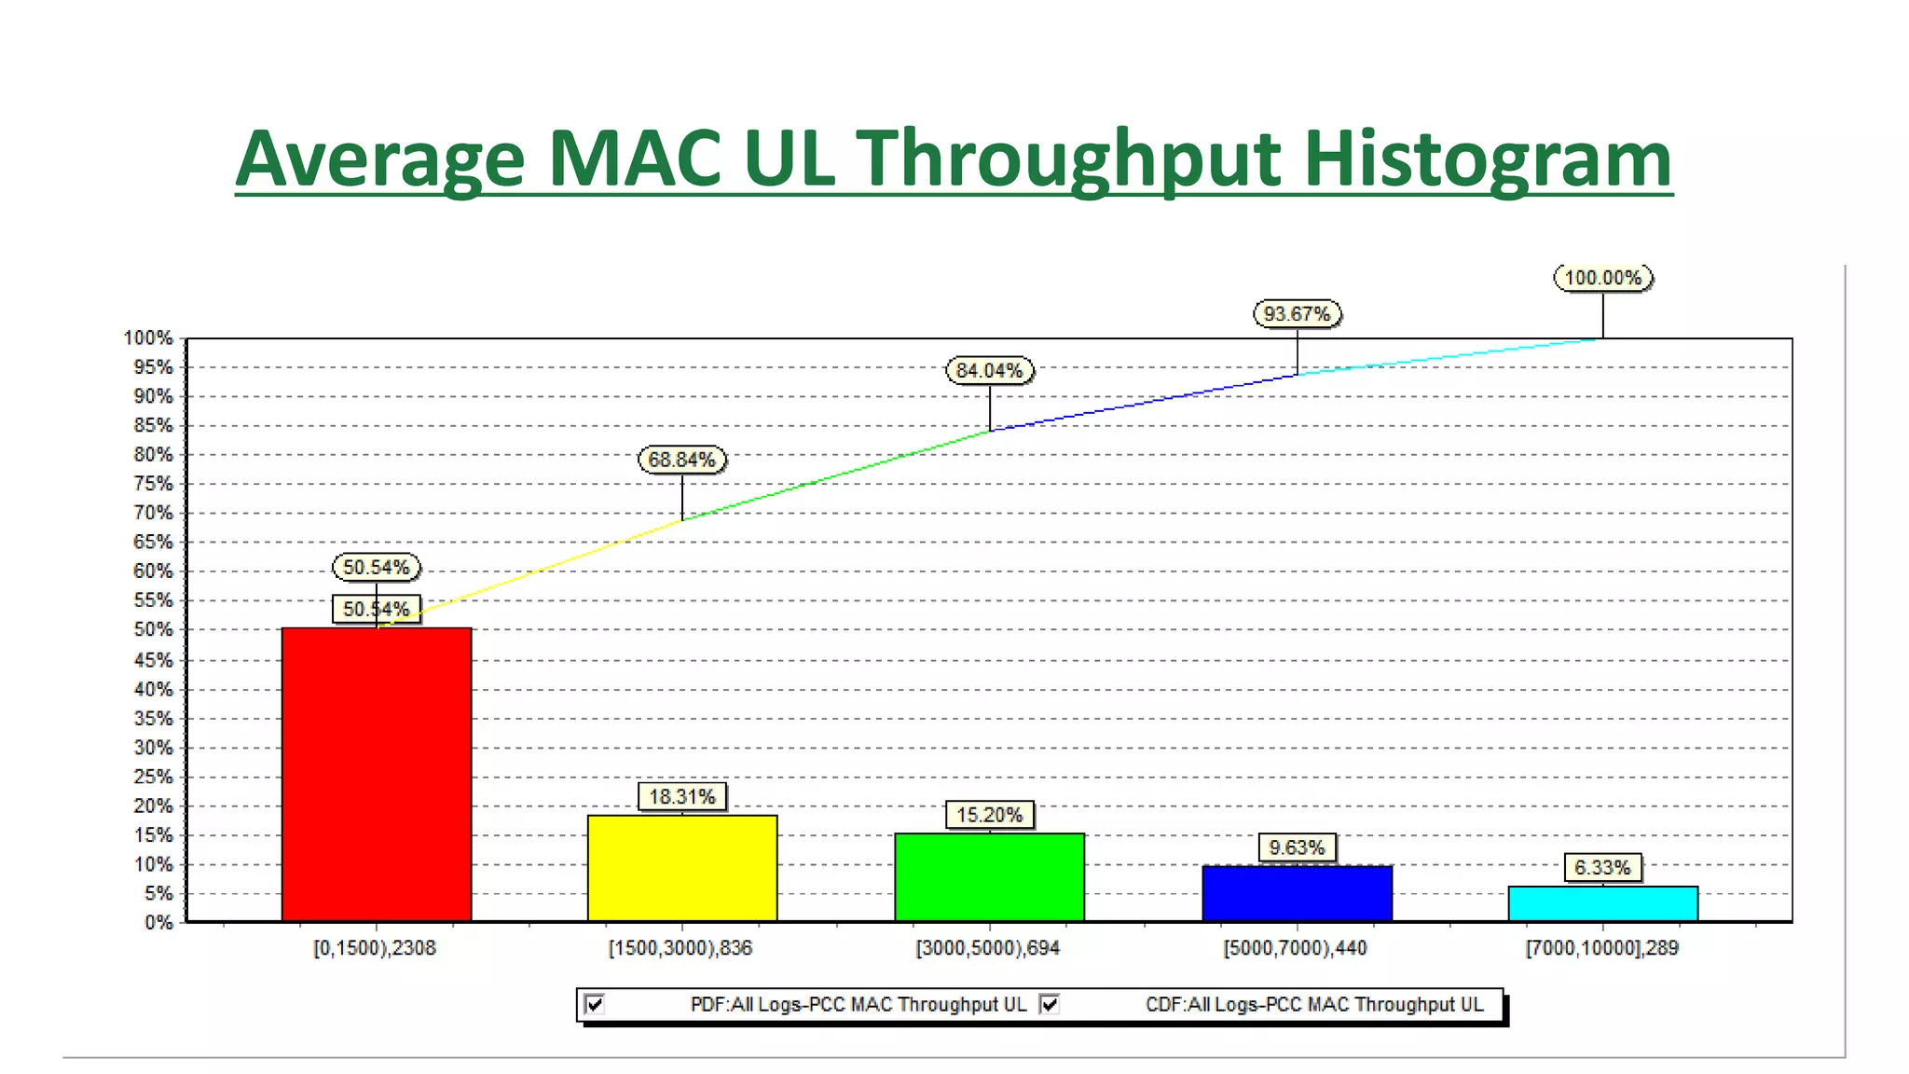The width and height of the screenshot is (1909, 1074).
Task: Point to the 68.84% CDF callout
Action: (x=681, y=460)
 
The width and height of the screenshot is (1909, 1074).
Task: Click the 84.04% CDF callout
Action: (x=989, y=370)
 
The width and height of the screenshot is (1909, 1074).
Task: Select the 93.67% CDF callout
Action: (x=1297, y=314)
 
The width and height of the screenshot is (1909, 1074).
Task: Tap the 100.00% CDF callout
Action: (x=1602, y=278)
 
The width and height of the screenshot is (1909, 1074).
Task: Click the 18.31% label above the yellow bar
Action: (x=681, y=797)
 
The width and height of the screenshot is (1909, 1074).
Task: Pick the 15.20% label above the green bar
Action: (x=989, y=815)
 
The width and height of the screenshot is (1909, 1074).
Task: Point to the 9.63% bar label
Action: (x=1297, y=847)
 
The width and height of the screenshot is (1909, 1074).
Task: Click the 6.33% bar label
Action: (x=1602, y=868)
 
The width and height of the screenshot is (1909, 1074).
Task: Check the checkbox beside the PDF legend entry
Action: (x=595, y=1004)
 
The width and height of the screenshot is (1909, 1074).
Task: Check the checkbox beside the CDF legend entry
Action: (x=1050, y=1004)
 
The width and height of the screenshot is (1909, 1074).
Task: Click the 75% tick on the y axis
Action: (x=153, y=484)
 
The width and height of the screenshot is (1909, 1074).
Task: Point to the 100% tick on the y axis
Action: (x=149, y=338)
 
